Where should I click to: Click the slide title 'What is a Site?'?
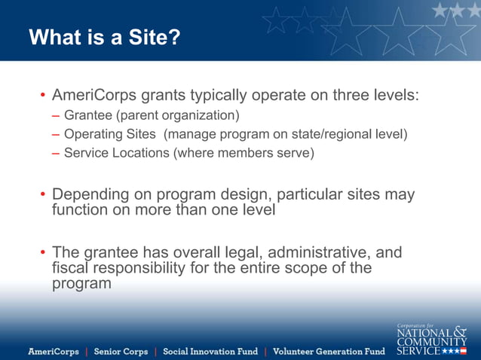click(105, 37)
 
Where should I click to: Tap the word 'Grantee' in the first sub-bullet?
click(85, 116)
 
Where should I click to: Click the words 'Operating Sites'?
click(110, 135)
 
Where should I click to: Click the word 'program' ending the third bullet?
click(81, 284)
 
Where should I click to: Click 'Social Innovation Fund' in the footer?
click(210, 352)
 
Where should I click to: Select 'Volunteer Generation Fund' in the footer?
click(328, 352)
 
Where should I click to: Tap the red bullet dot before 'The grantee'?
click(43, 252)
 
